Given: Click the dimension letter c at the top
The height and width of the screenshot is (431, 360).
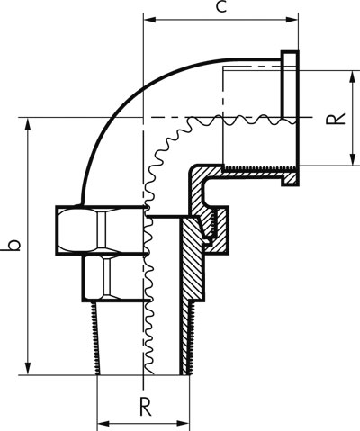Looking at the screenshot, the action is [221, 7].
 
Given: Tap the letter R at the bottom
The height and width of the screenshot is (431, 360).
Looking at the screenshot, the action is [146, 406].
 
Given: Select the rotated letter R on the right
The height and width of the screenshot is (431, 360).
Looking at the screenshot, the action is [336, 118].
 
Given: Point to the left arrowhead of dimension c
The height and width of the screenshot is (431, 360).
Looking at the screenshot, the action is [150, 20].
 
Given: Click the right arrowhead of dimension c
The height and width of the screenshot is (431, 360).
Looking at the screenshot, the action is [292, 20].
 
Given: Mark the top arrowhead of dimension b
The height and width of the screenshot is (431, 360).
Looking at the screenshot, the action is [28, 124].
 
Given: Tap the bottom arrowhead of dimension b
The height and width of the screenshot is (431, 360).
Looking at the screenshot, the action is [28, 369].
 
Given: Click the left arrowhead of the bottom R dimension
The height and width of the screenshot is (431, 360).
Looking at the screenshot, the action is [103, 424].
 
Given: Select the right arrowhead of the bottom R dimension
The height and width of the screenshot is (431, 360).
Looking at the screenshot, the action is [184, 424].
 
